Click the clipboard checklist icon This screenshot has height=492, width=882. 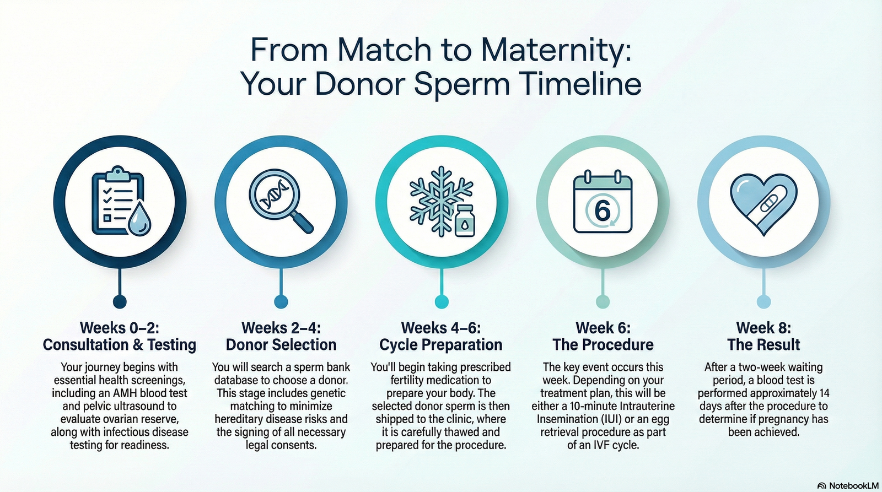pyautogui.click(x=117, y=201)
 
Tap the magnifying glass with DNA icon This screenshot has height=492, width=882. pyautogui.click(x=281, y=201)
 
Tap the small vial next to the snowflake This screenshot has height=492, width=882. pyautogui.click(x=465, y=220)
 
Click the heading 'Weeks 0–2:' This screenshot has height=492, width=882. pyautogui.click(x=119, y=327)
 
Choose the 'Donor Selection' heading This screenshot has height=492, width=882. pyautogui.click(x=281, y=345)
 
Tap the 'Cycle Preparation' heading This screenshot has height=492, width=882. pyautogui.click(x=440, y=345)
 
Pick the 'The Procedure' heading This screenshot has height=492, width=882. pyautogui.click(x=603, y=345)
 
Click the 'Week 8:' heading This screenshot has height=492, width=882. pyautogui.click(x=763, y=327)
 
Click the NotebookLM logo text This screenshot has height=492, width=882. pyautogui.click(x=854, y=486)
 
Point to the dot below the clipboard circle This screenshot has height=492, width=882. pyautogui.click(x=120, y=302)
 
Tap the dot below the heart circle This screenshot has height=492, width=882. pyautogui.click(x=764, y=302)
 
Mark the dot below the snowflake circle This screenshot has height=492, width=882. pyautogui.click(x=442, y=302)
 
